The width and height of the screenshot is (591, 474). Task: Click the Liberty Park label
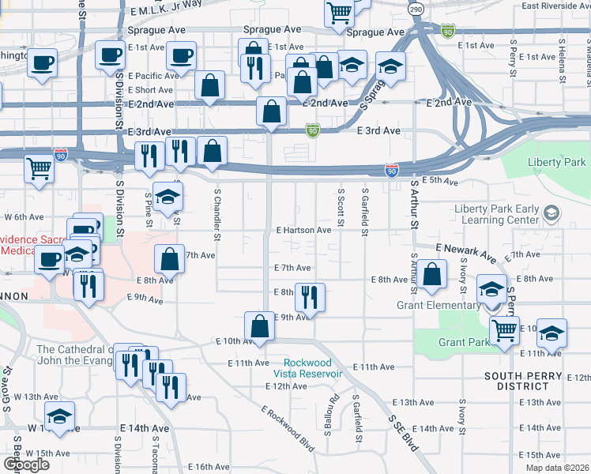pyautogui.click(x=558, y=163)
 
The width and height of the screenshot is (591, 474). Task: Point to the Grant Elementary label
pyautogui.click(x=438, y=304)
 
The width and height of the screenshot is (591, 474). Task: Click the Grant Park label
pyautogui.click(x=463, y=343)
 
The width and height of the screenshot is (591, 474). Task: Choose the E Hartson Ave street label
pyautogui.click(x=303, y=230)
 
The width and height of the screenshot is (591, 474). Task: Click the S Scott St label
pyautogui.click(x=341, y=205)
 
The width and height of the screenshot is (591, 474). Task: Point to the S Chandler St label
pyautogui.click(x=217, y=213)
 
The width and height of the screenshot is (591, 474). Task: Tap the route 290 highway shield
pyautogui.click(x=415, y=9)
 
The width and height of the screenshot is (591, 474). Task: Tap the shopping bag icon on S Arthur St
pyautogui.click(x=431, y=276)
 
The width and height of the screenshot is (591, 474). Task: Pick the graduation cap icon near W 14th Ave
pyautogui.click(x=59, y=416)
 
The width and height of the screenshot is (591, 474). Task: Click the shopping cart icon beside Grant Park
pyautogui.click(x=504, y=329)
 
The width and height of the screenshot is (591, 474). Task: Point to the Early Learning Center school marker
pyautogui.click(x=551, y=214)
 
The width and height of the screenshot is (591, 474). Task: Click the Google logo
pyautogui.click(x=26, y=465)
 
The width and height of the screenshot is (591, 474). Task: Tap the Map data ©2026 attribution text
pyautogui.click(x=556, y=468)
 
